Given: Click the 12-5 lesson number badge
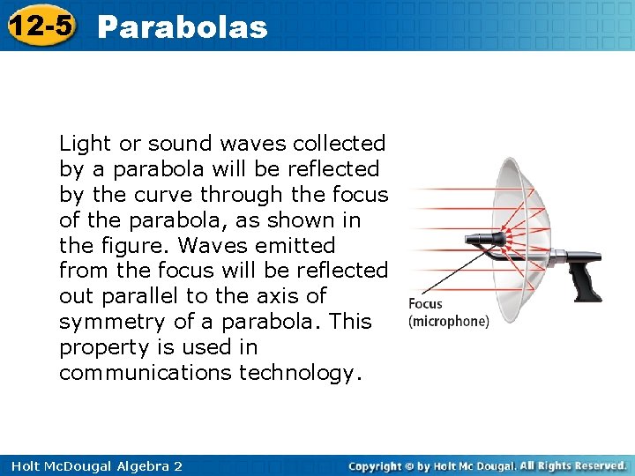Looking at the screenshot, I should (39, 26).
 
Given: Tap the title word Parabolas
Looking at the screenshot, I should (182, 27).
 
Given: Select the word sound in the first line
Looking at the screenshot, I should (180, 144).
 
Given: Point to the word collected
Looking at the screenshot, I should (339, 144).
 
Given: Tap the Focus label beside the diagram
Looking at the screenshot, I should (426, 304).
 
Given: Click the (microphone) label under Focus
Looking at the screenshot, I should (448, 321).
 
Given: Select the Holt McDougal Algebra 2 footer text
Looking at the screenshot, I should (92, 465).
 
